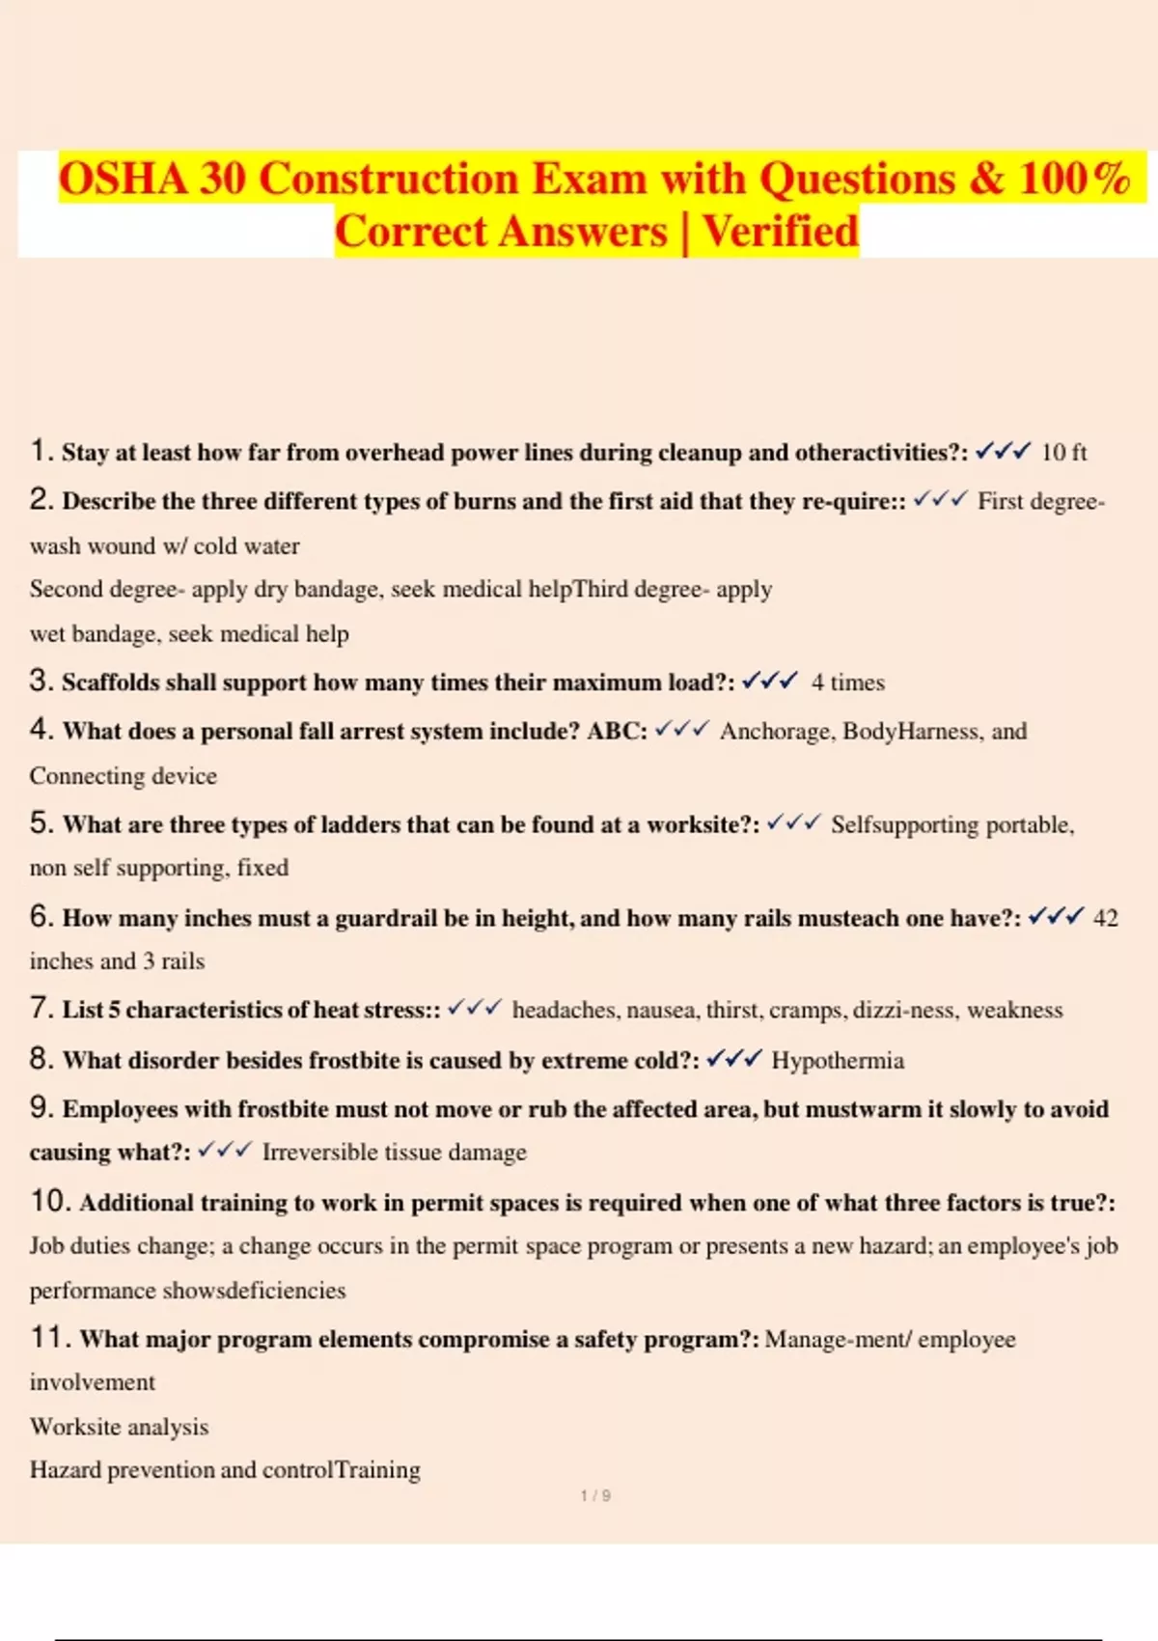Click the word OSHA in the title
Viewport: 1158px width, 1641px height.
(x=123, y=179)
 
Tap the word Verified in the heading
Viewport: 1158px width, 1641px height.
(x=780, y=232)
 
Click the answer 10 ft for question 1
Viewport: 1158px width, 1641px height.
(x=1063, y=452)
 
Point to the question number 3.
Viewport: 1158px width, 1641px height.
(x=40, y=681)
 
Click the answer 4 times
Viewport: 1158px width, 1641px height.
(x=847, y=682)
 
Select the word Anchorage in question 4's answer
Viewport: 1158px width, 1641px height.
(x=774, y=731)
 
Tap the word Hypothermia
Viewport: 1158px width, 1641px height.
(x=838, y=1060)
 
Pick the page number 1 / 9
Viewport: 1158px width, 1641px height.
(x=595, y=1495)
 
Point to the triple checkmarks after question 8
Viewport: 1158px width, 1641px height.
(x=733, y=1059)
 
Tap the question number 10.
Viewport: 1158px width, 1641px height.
(x=48, y=1201)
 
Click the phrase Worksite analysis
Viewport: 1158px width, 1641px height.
(x=119, y=1426)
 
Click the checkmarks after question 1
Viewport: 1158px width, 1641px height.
(x=1003, y=451)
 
